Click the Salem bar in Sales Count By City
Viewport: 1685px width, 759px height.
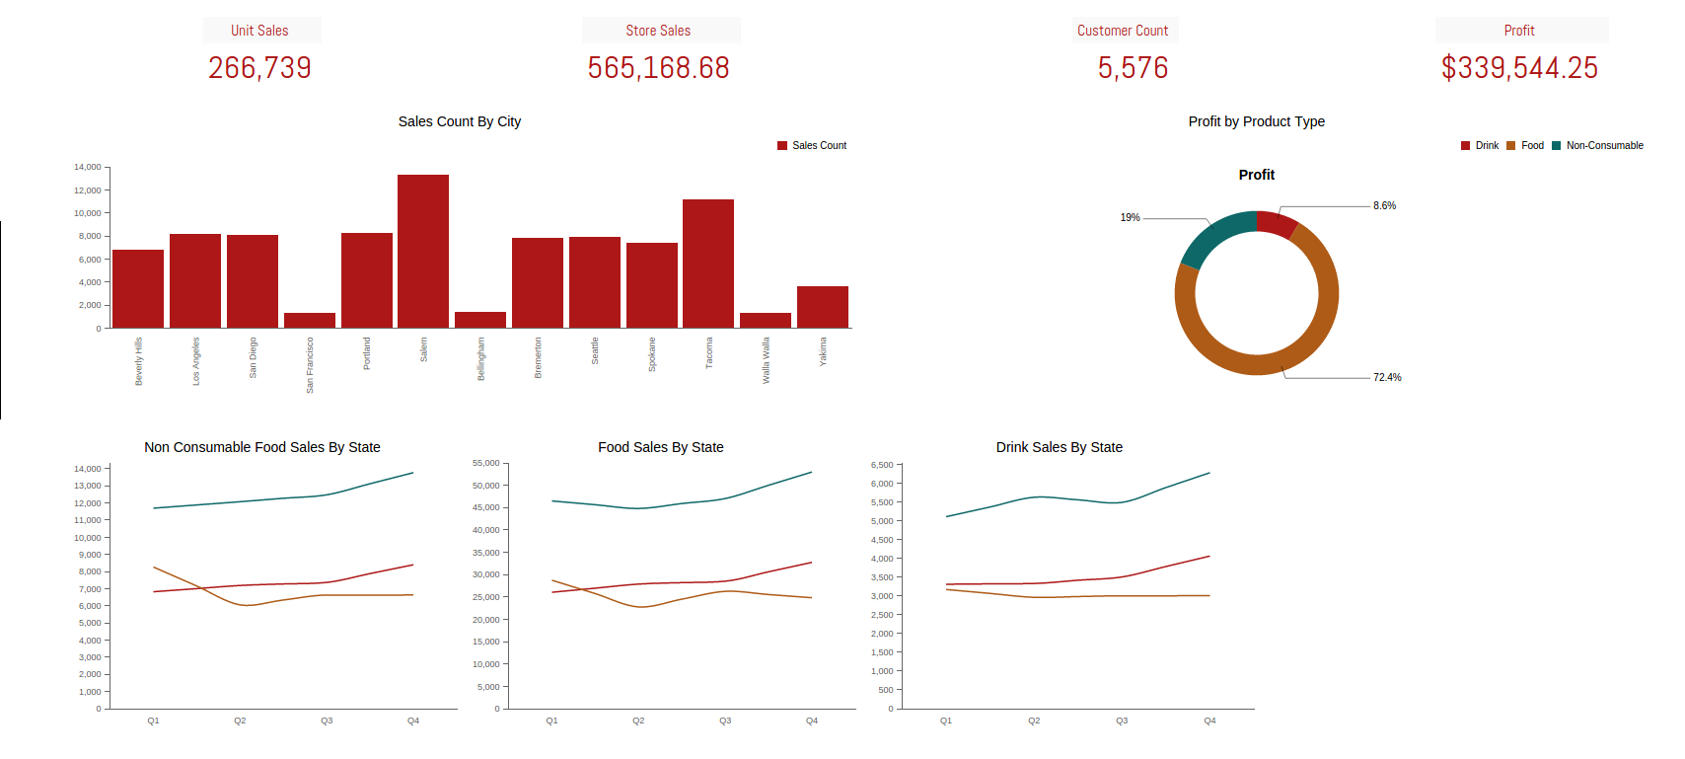pyautogui.click(x=423, y=252)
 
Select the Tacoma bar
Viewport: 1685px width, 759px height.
pyautogui.click(x=708, y=264)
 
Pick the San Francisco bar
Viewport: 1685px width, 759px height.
pyautogui.click(x=309, y=321)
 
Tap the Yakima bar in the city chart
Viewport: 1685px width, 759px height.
pyautogui.click(x=822, y=307)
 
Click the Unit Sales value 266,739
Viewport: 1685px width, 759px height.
pyautogui.click(x=259, y=68)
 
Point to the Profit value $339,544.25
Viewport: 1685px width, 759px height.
pyautogui.click(x=1519, y=68)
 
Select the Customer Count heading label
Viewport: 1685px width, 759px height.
pyautogui.click(x=1123, y=30)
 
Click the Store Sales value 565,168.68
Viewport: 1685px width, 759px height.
pyautogui.click(x=658, y=68)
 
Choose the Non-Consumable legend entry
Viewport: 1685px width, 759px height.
pyautogui.click(x=1598, y=145)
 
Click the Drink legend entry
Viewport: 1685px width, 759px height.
pyautogui.click(x=1480, y=145)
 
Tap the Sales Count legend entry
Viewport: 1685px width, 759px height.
pyautogui.click(x=812, y=145)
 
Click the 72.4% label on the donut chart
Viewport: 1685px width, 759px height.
pyautogui.click(x=1387, y=378)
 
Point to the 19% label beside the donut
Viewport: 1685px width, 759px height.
pyautogui.click(x=1130, y=217)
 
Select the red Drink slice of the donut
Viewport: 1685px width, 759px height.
pyautogui.click(x=1277, y=224)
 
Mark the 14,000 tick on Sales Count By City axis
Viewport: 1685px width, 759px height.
pyautogui.click(x=87, y=167)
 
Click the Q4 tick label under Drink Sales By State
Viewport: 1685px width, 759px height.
pyautogui.click(x=1209, y=721)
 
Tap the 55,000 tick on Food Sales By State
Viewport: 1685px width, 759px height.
pyautogui.click(x=486, y=463)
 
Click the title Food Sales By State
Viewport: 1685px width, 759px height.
pyautogui.click(x=660, y=447)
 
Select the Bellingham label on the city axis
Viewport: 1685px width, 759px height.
pyautogui.click(x=480, y=359)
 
